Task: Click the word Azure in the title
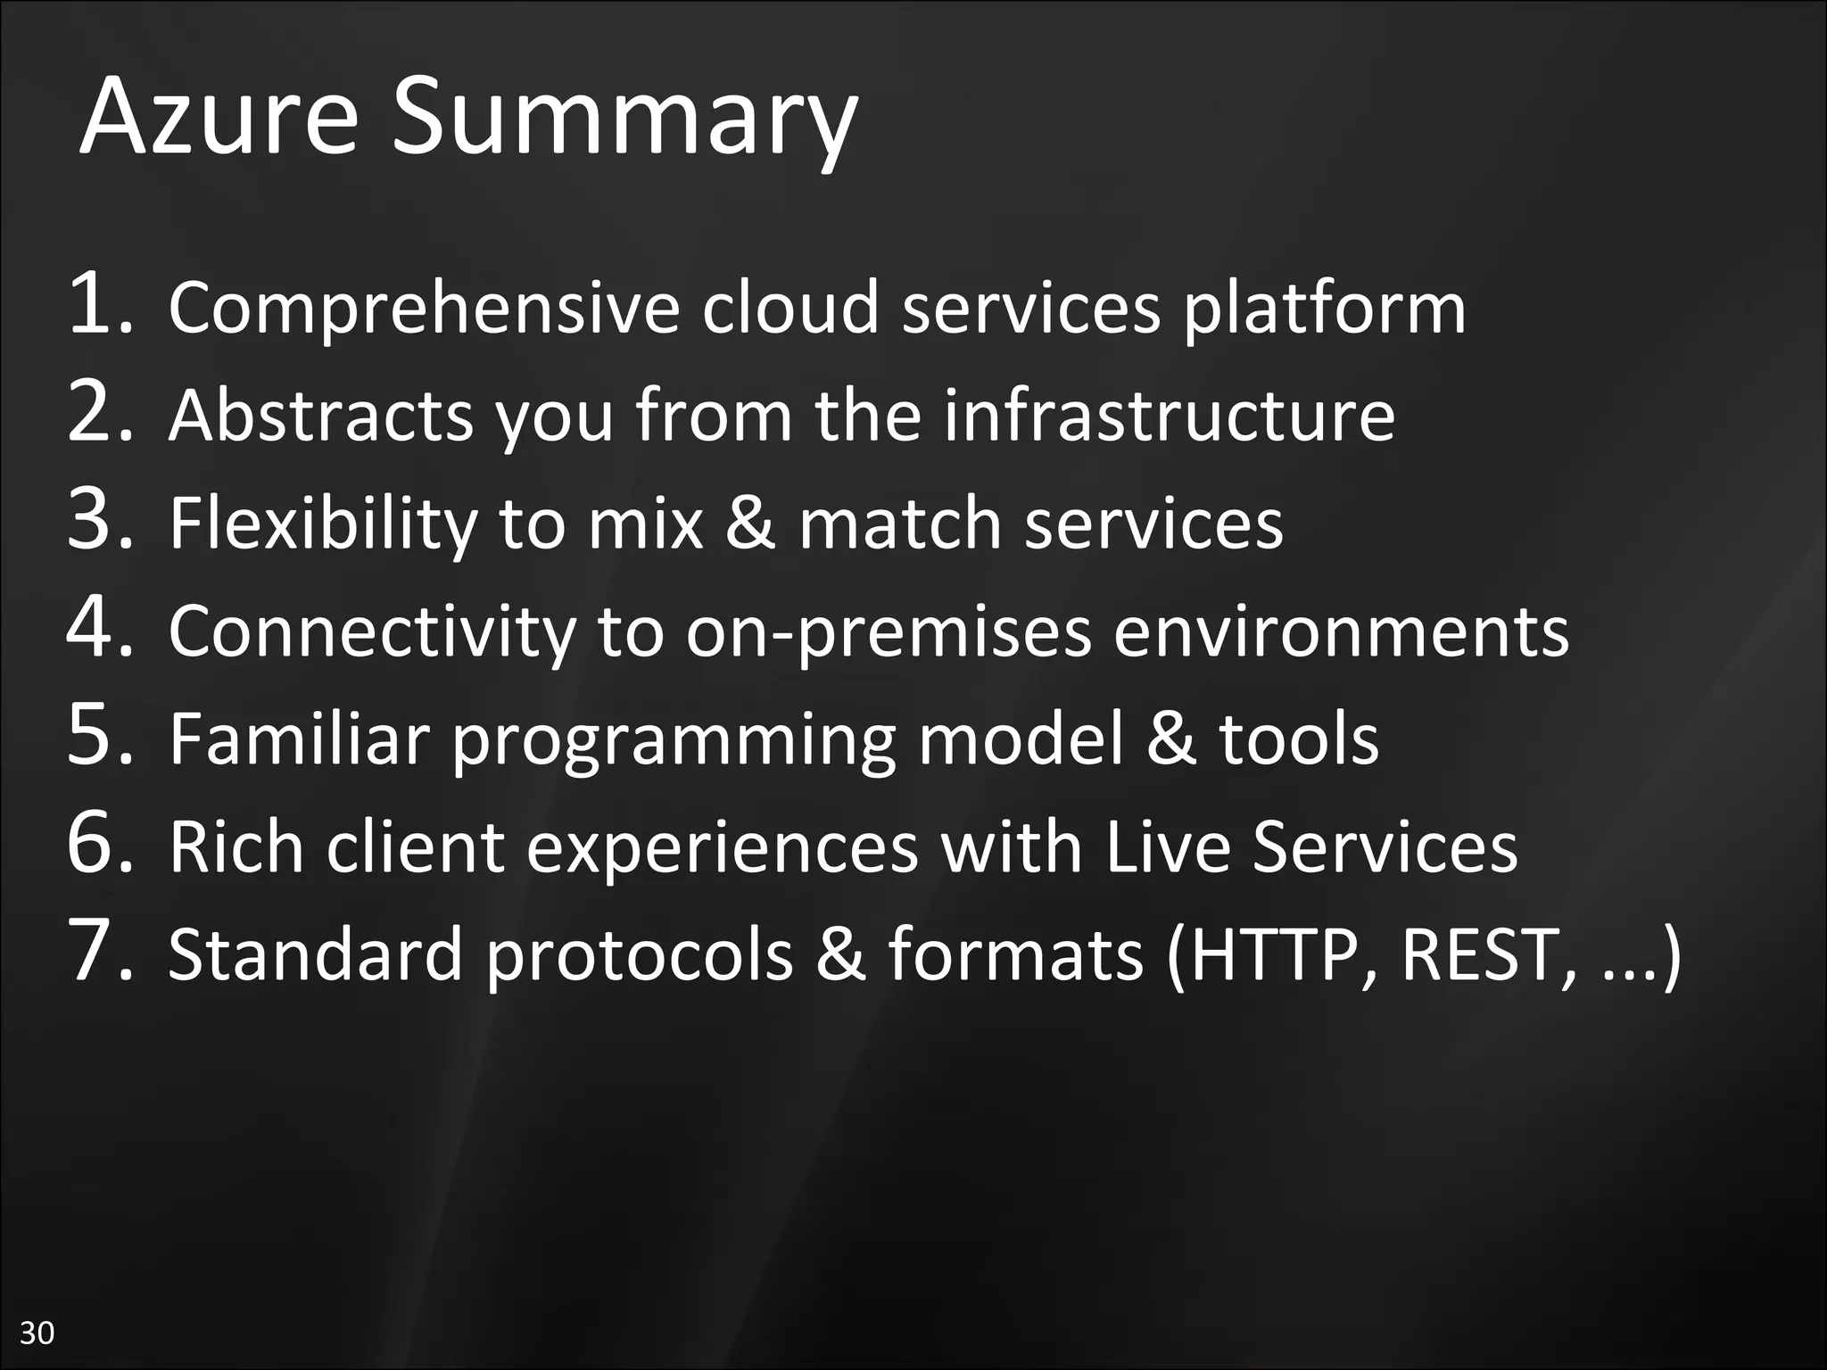click(219, 117)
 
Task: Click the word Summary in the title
click(624, 120)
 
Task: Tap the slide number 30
click(37, 1333)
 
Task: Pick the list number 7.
click(99, 953)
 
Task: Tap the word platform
click(1324, 309)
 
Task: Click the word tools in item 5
click(1299, 739)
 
